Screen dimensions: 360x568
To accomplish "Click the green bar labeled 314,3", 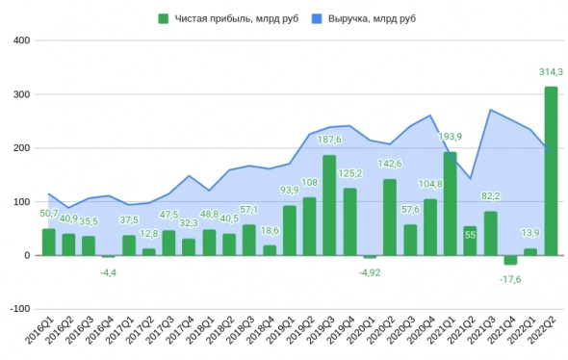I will tap(551, 171).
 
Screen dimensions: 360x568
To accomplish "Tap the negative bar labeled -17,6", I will tap(510, 260).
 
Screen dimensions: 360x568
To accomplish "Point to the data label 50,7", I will tap(48, 214).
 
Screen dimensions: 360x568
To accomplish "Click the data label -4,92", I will tap(370, 273).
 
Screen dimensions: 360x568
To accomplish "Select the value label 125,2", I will tap(350, 173).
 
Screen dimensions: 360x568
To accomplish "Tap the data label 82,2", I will tap(491, 196).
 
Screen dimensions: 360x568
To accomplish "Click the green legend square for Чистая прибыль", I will tap(164, 17).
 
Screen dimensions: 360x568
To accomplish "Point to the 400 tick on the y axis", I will tap(22, 40).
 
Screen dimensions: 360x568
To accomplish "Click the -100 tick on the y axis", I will tap(19, 309).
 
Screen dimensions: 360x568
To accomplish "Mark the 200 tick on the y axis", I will tap(22, 148).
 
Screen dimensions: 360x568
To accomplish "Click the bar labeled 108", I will tap(309, 226).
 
